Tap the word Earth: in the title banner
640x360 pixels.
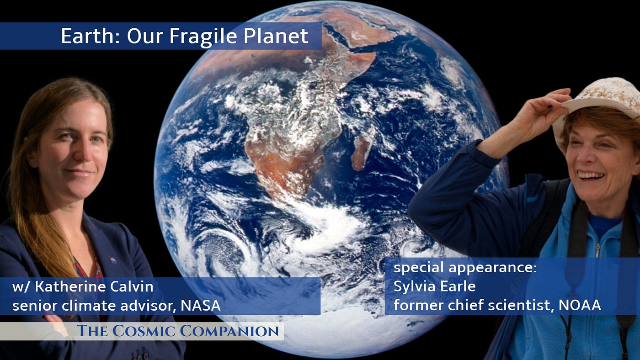(x=91, y=36)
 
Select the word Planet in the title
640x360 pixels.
(x=276, y=36)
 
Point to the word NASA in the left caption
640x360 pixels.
(x=201, y=306)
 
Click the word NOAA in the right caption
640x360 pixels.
(x=580, y=305)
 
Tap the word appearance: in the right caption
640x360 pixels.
(x=493, y=268)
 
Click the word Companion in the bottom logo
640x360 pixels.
(x=229, y=331)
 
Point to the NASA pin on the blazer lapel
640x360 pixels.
(x=112, y=259)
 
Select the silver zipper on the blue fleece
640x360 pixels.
(x=597, y=250)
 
